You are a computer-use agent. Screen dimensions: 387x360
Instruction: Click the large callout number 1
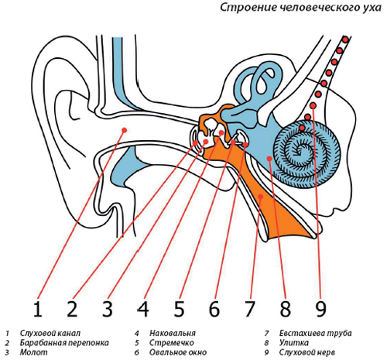(x=38, y=308)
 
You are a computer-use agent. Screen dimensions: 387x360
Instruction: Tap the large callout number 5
(x=179, y=308)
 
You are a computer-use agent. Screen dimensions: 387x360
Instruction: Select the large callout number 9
(x=320, y=308)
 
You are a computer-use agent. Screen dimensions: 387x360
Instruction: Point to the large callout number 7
(x=250, y=308)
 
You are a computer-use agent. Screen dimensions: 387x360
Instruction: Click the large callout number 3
(x=108, y=308)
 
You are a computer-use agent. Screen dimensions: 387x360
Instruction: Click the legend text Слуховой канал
(x=50, y=333)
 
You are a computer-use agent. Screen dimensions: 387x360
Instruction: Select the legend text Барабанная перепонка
(x=64, y=343)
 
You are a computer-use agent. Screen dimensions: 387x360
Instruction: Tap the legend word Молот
(x=34, y=352)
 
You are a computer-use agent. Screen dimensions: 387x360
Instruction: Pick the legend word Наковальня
(x=173, y=333)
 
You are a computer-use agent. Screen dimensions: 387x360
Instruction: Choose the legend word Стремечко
(x=172, y=343)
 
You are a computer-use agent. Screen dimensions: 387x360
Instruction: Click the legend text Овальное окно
(x=178, y=352)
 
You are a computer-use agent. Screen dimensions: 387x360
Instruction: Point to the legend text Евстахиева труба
(x=315, y=333)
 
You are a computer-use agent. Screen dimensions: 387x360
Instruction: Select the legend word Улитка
(x=293, y=343)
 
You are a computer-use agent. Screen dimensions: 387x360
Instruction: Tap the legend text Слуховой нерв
(x=307, y=352)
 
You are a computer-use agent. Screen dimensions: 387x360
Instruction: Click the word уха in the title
(x=372, y=8)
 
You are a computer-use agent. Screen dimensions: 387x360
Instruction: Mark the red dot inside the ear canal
(x=125, y=130)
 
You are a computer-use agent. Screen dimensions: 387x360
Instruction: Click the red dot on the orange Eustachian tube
(x=261, y=197)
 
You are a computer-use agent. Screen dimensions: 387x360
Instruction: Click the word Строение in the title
(x=248, y=8)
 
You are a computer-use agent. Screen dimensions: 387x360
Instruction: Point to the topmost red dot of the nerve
(x=345, y=40)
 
